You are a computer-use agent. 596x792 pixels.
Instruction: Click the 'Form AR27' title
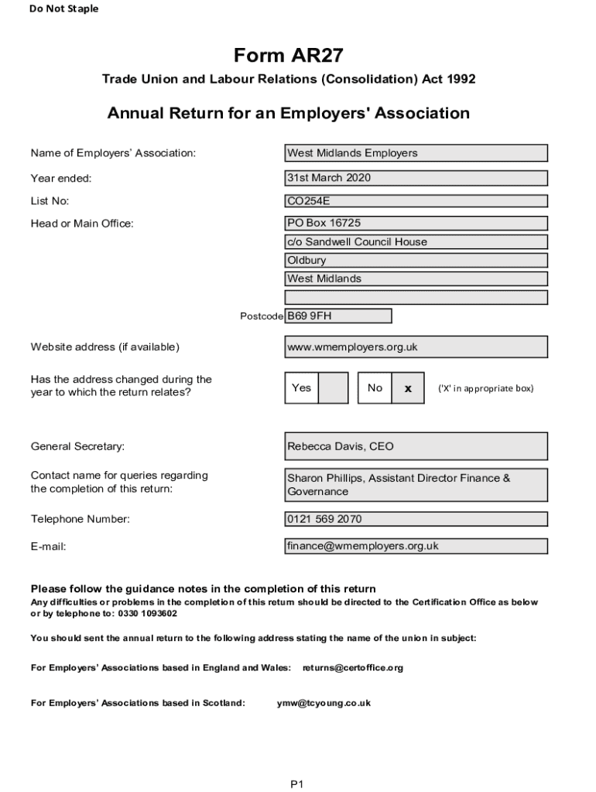tap(288, 56)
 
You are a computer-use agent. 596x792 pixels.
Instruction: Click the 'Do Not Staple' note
tap(64, 9)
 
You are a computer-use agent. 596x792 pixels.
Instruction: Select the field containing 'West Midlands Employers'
tap(416, 153)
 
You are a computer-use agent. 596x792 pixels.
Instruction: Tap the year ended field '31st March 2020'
tap(416, 178)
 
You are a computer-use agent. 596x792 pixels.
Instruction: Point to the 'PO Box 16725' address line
tap(416, 223)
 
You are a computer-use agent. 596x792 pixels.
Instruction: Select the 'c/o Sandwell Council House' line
tap(416, 241)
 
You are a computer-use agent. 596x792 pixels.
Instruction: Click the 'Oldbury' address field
tap(416, 260)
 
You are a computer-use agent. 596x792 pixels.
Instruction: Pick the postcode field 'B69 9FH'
tap(338, 316)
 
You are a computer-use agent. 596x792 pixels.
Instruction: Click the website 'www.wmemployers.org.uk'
tap(416, 347)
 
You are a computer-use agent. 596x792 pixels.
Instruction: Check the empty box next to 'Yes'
tap(334, 388)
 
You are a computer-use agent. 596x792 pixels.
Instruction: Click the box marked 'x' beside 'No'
tap(408, 388)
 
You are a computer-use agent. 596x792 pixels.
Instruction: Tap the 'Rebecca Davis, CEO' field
tap(416, 446)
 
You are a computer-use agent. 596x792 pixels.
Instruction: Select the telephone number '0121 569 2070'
tap(416, 519)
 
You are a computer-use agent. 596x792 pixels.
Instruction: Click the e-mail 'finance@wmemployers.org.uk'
tap(416, 546)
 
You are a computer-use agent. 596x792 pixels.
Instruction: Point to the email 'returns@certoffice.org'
tap(353, 667)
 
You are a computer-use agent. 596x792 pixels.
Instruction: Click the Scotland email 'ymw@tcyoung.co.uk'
tap(324, 703)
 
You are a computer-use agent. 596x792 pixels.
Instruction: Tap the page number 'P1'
tap(297, 784)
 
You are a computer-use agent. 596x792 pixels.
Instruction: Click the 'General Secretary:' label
tap(77, 446)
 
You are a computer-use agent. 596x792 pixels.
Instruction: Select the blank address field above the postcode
tap(416, 297)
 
